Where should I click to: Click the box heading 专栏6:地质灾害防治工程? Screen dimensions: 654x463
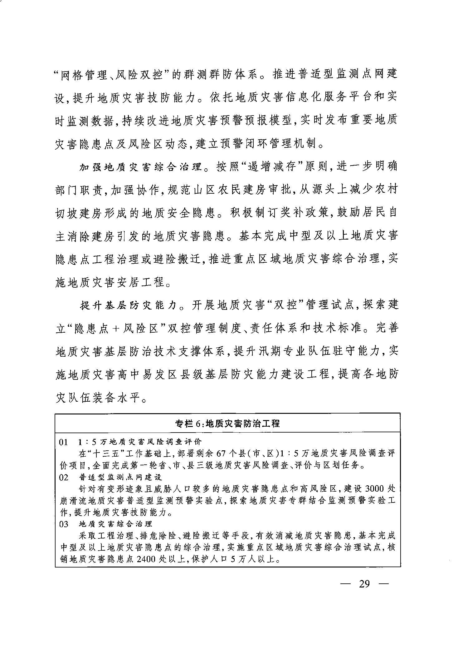227,423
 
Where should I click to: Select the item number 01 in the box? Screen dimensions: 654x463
63,442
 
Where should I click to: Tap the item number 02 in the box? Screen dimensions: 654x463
63,477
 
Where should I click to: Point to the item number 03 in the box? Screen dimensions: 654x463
63,524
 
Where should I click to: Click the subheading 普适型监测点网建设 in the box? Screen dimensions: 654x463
120,477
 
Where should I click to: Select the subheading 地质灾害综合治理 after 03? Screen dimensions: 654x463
116,524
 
